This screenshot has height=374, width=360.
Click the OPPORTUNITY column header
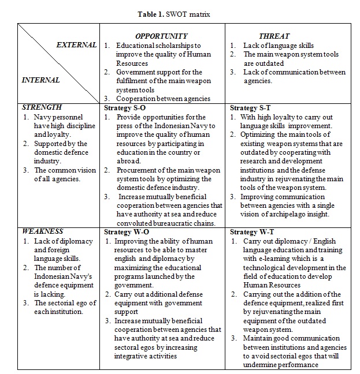[x=162, y=36]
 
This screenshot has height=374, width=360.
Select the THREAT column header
[x=274, y=36]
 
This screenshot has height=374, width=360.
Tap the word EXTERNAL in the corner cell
[x=76, y=45]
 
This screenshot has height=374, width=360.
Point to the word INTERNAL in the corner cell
[x=40, y=80]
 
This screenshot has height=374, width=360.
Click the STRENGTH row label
[x=42, y=107]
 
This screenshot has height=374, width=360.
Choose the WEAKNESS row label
[x=42, y=231]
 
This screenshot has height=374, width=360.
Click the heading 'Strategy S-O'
[x=124, y=108]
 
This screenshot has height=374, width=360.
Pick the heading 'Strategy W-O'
[x=125, y=232]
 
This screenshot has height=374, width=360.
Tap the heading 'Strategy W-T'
[x=250, y=232]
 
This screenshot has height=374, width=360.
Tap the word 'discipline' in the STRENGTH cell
[x=71, y=125]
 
